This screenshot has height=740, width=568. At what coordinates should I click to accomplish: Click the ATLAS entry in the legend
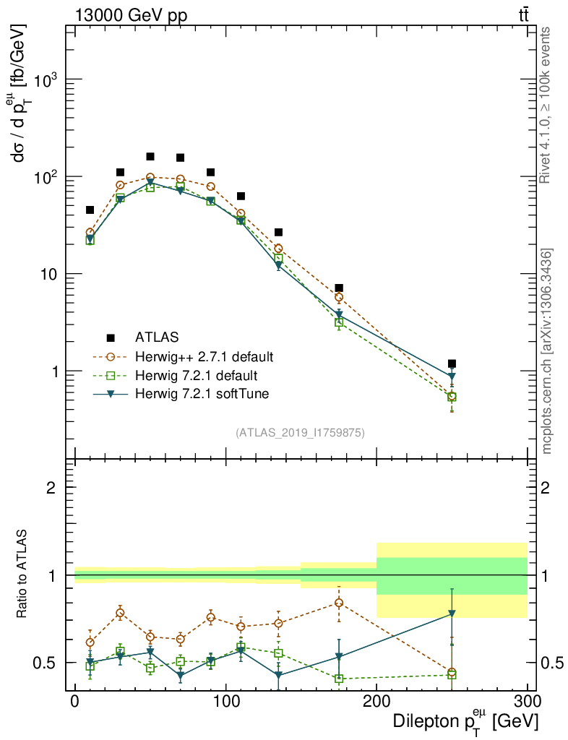(156, 337)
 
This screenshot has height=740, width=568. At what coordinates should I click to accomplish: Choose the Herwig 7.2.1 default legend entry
(196, 375)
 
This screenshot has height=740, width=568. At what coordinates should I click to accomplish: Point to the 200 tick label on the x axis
(376, 702)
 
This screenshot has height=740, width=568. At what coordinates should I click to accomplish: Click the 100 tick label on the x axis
(225, 702)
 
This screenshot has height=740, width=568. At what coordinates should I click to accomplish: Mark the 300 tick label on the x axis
(527, 702)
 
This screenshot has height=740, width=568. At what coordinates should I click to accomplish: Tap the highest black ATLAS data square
(150, 156)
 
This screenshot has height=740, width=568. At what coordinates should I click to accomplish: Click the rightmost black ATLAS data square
(452, 363)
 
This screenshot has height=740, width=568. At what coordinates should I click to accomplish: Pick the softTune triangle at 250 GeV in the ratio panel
(452, 614)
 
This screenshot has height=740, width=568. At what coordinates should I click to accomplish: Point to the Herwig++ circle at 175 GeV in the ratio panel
(339, 603)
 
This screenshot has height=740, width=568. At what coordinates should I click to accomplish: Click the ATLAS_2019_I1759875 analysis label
(300, 433)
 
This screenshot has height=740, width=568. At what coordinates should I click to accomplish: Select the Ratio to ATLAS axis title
(22, 575)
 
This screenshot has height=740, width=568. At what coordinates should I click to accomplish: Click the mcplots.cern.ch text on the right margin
(547, 352)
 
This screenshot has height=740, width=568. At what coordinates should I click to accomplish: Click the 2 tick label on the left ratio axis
(51, 487)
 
